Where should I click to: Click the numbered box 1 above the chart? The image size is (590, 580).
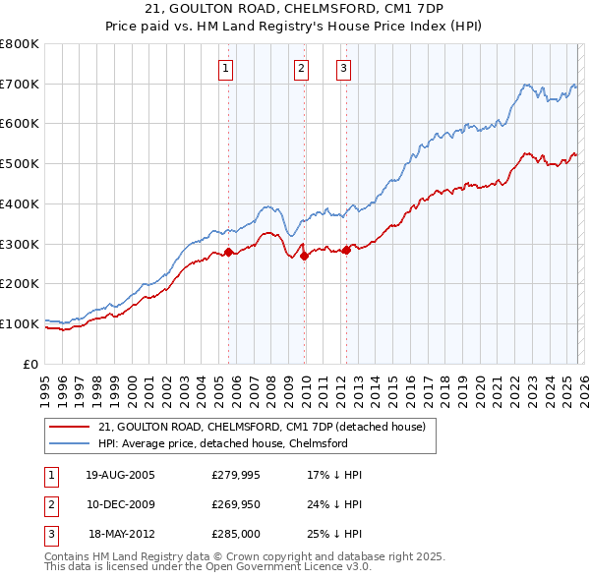click(x=226, y=68)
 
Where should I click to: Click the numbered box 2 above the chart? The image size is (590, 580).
click(x=301, y=68)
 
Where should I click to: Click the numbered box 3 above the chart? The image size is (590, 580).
click(x=343, y=68)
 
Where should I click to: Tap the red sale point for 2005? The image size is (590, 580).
click(x=229, y=252)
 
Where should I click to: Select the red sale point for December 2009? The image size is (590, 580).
click(x=304, y=256)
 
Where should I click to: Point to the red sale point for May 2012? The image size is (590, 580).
click(x=346, y=250)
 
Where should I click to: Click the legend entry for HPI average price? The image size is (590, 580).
click(x=222, y=443)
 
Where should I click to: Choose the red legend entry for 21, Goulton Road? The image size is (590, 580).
click(x=262, y=427)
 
